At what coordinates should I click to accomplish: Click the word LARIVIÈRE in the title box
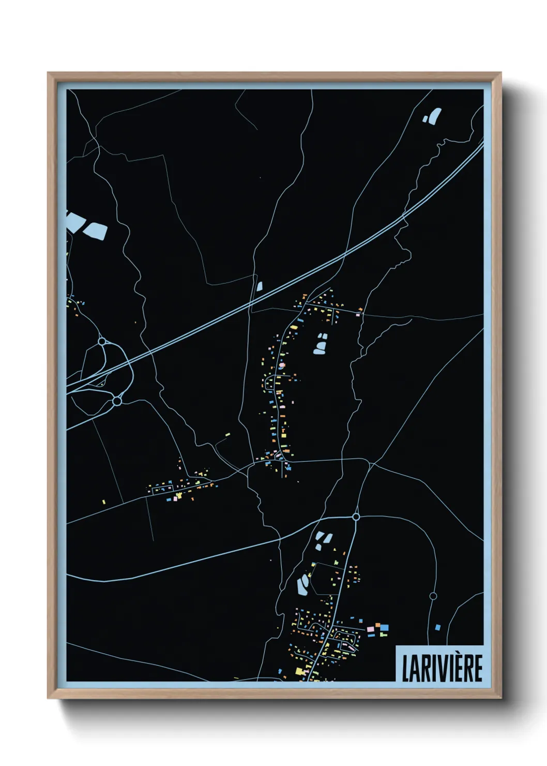coord(442,668)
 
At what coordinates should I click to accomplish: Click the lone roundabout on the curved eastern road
coord(433,596)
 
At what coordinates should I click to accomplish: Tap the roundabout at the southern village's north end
coord(356,517)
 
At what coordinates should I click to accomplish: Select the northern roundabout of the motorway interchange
coord(102,342)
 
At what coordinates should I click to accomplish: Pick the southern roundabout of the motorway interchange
coord(117,401)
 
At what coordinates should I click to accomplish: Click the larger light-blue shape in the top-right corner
coord(435,115)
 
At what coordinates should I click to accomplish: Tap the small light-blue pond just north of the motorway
coord(260,286)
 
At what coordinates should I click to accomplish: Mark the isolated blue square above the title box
coord(438,627)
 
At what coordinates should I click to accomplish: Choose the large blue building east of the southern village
coord(384,627)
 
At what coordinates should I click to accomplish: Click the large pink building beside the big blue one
coord(370,629)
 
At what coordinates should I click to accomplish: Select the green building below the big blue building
coord(384,635)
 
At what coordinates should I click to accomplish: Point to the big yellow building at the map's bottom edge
coord(299,671)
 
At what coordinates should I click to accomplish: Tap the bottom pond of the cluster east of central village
coord(319,350)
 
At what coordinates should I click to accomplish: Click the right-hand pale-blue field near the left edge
coord(96,231)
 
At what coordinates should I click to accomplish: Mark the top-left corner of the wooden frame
coord(48,73)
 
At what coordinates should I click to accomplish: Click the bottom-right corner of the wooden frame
coord(500,698)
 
